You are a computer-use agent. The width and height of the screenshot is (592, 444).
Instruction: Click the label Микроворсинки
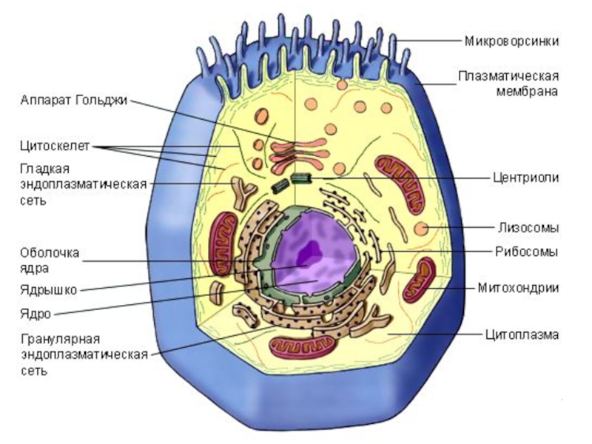[511, 41]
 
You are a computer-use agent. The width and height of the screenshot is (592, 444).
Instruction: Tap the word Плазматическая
[508, 76]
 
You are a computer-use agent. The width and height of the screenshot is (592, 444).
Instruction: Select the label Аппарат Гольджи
[74, 100]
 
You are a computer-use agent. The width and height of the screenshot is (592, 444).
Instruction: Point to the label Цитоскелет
[55, 146]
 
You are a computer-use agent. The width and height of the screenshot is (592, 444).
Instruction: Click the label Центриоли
[525, 178]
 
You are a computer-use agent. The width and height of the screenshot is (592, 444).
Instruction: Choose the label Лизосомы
[528, 228]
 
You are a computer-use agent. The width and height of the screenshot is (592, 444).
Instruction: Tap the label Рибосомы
[526, 252]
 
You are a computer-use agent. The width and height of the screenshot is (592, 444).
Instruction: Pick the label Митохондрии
[518, 288]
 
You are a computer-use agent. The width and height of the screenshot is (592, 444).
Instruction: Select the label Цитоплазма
[522, 334]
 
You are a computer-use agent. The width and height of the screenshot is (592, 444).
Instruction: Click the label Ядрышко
[49, 290]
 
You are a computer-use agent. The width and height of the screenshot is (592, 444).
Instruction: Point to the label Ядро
[36, 314]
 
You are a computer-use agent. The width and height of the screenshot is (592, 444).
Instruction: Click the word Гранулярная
[61, 339]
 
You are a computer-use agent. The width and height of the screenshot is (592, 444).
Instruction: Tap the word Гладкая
[45, 169]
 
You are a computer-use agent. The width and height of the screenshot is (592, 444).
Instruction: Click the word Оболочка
[50, 252]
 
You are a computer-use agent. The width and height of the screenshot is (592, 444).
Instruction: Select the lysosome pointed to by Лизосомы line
[421, 228]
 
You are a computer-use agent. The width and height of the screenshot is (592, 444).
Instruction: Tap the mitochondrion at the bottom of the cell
[303, 345]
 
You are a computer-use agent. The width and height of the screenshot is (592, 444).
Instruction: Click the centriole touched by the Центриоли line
[301, 178]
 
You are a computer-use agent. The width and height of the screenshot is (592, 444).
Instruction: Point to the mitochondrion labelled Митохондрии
[419, 280]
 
